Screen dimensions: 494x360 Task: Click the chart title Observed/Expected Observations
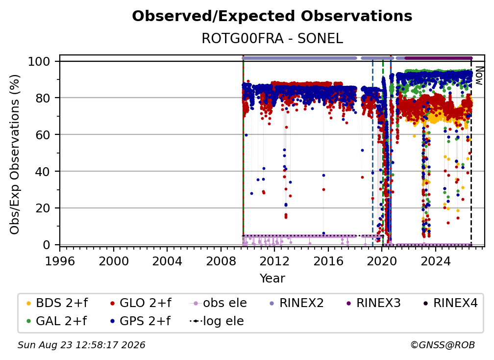pos(272,16)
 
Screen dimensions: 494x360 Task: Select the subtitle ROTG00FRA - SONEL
pos(272,38)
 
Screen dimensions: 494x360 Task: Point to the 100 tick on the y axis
pos(39,61)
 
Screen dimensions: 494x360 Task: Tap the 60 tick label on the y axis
pos(43,134)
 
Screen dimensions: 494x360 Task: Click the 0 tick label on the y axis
pos(47,245)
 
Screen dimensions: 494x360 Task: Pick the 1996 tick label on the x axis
pos(60,261)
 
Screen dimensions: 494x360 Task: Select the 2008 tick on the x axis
pos(221,261)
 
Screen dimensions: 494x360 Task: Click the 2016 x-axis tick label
pos(328,261)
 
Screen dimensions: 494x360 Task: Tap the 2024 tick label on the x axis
pos(435,261)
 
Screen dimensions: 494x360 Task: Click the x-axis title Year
pos(272,279)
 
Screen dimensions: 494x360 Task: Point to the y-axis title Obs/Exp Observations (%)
pos(15,154)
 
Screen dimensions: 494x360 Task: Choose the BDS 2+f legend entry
pos(57,303)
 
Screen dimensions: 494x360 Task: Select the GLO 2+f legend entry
pos(141,303)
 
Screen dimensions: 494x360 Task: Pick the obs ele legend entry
pos(219,303)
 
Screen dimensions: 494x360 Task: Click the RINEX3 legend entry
pos(373,303)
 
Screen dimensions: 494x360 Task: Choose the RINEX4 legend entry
pos(450,303)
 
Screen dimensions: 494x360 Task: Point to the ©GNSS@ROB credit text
pos(443,345)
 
